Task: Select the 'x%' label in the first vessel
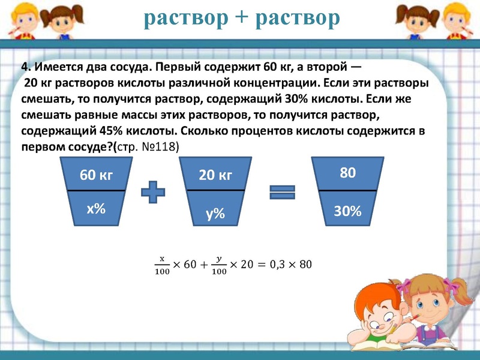coord(96,208)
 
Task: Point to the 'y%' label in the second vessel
coord(215,212)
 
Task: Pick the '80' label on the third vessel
coord(348,173)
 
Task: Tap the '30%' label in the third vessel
coord(348,211)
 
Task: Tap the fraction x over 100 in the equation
coord(161,265)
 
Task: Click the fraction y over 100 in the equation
coord(219,265)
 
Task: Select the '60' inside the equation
coord(190,264)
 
